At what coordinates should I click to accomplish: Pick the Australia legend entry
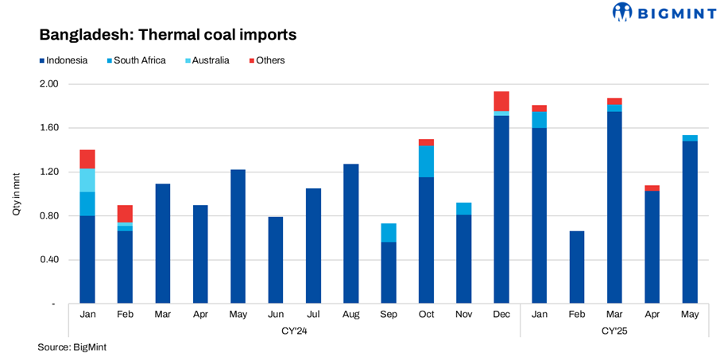204,60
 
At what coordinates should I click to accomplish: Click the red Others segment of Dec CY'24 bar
501,101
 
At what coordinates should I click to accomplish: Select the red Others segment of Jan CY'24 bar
87,159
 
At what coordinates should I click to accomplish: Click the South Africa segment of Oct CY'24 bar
426,161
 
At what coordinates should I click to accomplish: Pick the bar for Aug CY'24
350,234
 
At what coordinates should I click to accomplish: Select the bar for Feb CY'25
577,267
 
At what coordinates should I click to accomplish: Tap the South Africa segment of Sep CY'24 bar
389,233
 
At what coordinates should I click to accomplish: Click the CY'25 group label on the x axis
614,329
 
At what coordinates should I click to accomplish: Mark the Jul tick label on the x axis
313,314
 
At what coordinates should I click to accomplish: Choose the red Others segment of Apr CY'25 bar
652,188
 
